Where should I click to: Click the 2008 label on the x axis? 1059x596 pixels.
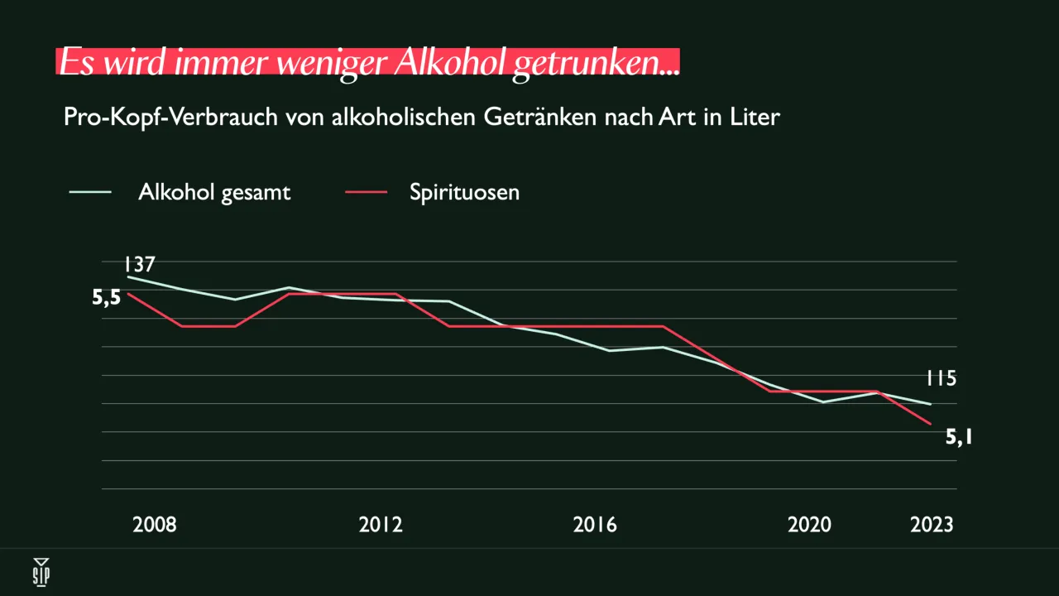tap(154, 525)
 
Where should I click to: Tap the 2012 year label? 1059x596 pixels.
tap(381, 525)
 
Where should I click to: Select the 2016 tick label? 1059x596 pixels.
tap(595, 525)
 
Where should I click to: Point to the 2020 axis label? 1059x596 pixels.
tap(809, 525)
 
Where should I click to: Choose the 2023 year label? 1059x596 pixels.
tap(932, 525)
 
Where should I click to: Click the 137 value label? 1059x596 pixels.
tap(140, 265)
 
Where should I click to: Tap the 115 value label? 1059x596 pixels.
tap(941, 379)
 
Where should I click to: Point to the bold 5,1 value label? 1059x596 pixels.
tap(959, 436)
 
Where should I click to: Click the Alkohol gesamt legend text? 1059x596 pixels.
tap(214, 192)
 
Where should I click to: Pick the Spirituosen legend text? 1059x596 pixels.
tap(464, 192)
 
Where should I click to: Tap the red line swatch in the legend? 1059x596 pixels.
tap(365, 192)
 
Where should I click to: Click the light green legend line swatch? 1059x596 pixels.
tap(91, 192)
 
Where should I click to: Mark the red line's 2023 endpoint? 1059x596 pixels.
tap(932, 424)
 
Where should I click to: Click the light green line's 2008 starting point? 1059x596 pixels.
tap(128, 277)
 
